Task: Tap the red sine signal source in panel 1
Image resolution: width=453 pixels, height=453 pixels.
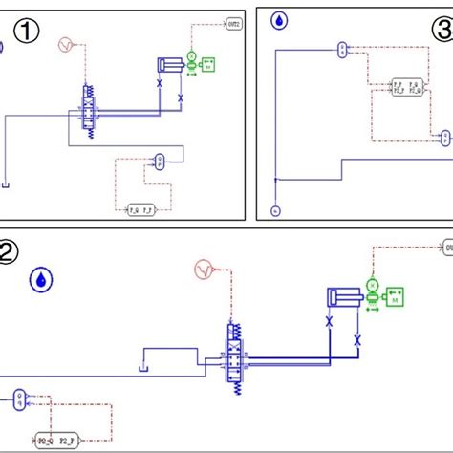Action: (65, 45)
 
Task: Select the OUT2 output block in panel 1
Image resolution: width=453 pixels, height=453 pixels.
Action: (235, 21)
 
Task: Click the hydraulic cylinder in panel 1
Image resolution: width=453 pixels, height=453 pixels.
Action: (169, 64)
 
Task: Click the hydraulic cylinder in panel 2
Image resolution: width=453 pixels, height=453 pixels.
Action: (342, 297)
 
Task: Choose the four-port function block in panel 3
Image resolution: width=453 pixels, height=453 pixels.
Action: (405, 89)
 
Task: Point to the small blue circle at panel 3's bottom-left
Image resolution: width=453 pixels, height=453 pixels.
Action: (275, 208)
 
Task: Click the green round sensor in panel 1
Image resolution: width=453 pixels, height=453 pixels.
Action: (190, 59)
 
